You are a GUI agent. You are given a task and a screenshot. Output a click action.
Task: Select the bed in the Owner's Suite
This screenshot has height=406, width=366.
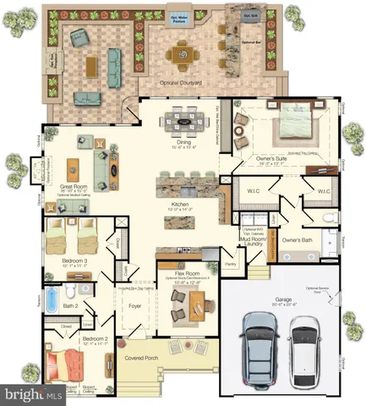click(x=290, y=121)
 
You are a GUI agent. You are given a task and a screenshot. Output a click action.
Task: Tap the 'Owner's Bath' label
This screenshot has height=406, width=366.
click(x=298, y=239)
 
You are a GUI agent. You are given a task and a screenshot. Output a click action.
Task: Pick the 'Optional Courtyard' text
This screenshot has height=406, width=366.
click(x=179, y=83)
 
